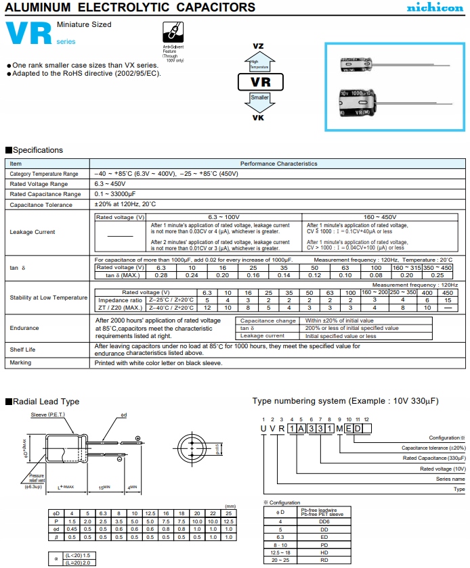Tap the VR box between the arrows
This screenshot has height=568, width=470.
[x=261, y=82]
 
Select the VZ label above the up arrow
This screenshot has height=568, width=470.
[x=258, y=45]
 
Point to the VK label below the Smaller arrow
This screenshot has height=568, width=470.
[x=258, y=117]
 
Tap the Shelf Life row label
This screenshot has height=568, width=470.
[x=22, y=350]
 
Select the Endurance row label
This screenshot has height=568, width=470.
[x=24, y=328]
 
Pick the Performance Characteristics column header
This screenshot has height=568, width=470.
[x=278, y=164]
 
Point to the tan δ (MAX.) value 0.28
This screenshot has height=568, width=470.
[x=161, y=275]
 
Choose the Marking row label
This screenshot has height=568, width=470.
[x=20, y=363]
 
